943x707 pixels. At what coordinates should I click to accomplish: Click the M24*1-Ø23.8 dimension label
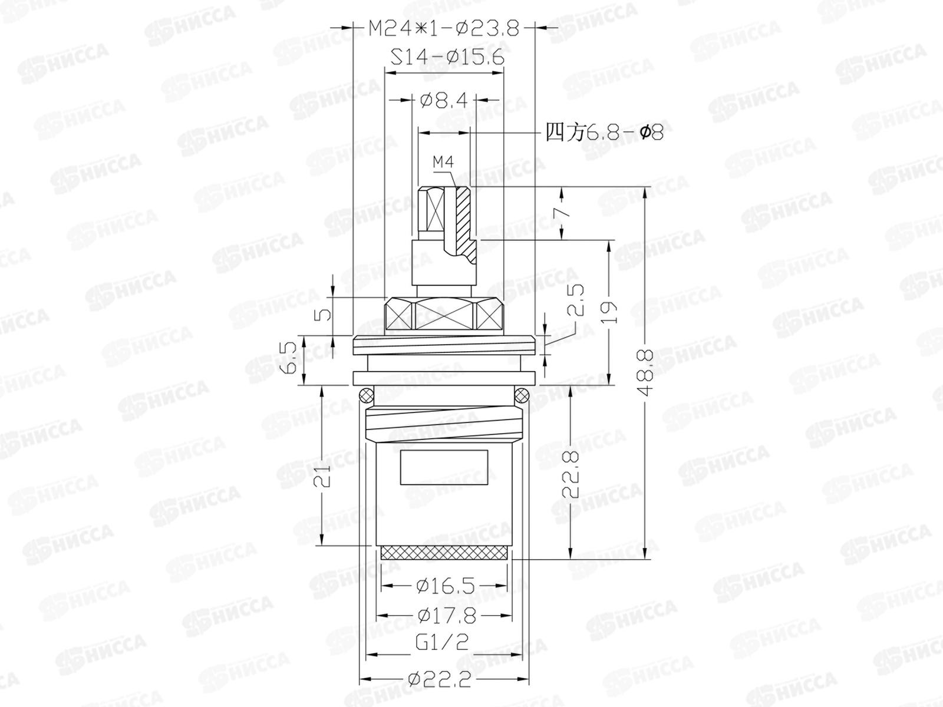[444, 29]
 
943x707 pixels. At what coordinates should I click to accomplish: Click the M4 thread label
[443, 162]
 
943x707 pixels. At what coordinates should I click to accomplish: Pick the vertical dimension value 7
[566, 213]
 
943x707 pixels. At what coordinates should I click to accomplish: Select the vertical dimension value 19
[609, 312]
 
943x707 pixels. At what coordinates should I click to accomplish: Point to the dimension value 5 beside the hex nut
[324, 315]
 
